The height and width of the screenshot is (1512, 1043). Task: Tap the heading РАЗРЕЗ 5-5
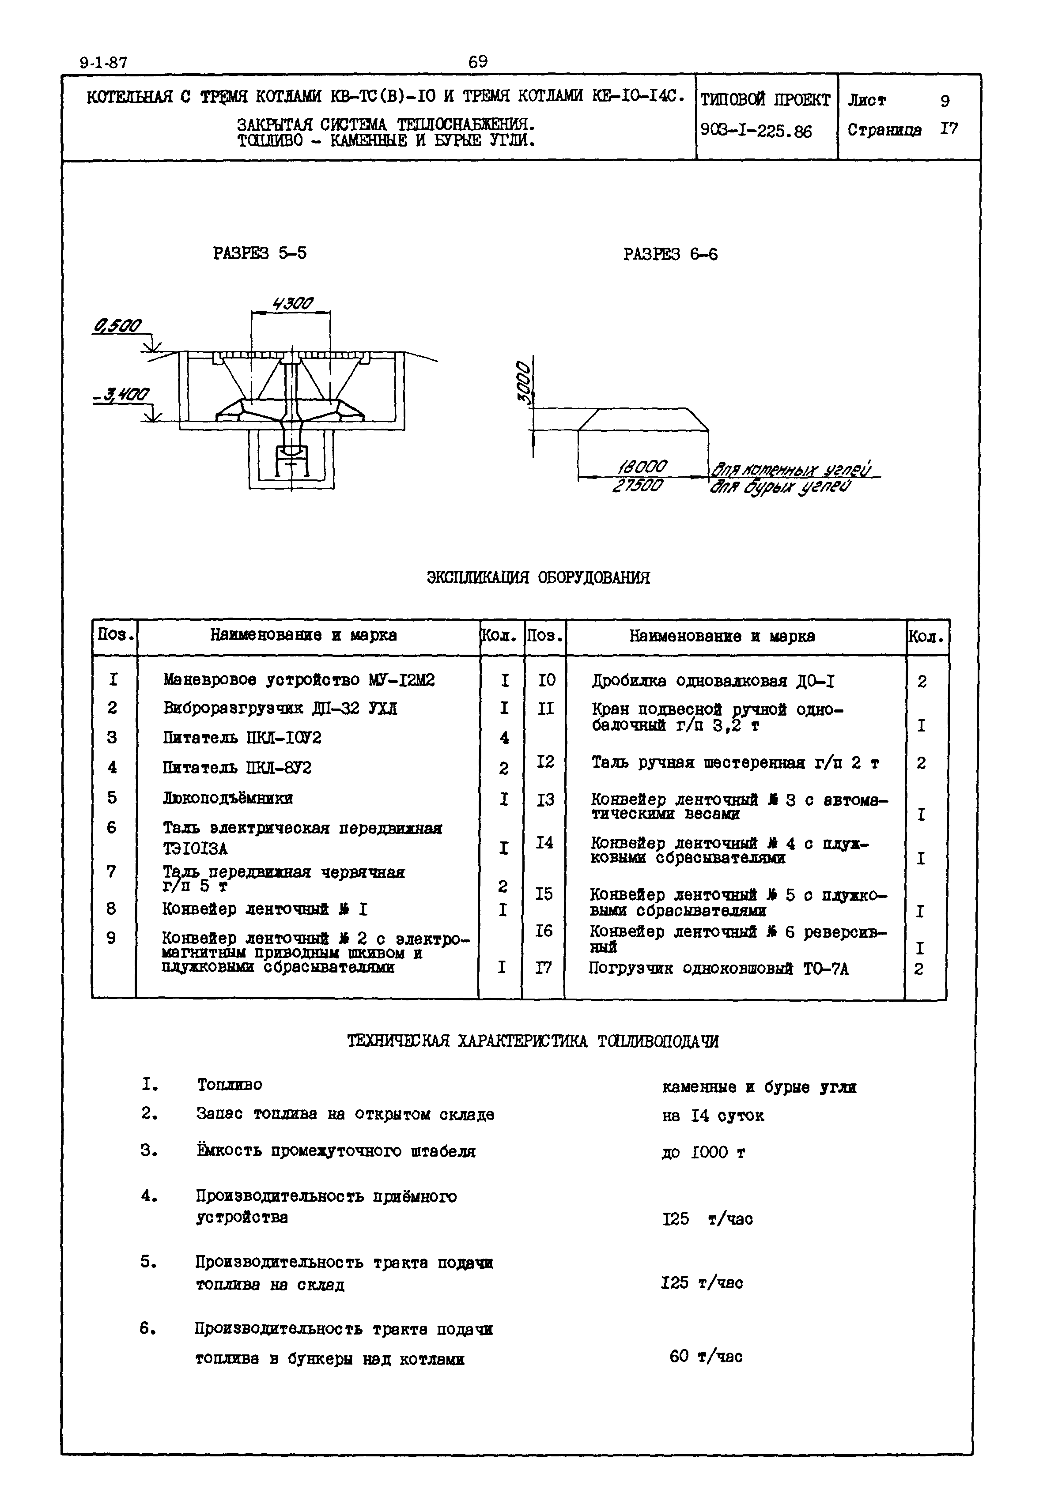tap(260, 253)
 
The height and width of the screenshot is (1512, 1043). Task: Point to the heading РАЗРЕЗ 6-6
tap(670, 254)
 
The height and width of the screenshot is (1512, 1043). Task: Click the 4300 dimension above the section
tap(293, 304)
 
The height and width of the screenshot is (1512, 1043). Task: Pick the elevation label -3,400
tap(121, 395)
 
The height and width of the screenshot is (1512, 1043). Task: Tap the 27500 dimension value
tap(638, 486)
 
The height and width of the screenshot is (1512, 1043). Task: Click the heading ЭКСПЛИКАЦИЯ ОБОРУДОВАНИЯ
tap(538, 577)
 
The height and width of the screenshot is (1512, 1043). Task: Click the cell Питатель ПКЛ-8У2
tap(237, 767)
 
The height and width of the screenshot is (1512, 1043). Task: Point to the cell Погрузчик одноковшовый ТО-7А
tap(718, 969)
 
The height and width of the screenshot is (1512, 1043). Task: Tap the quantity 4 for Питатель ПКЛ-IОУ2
tap(504, 738)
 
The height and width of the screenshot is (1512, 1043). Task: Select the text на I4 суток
tap(712, 1116)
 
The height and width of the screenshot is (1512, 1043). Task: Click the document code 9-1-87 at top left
tap(103, 64)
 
